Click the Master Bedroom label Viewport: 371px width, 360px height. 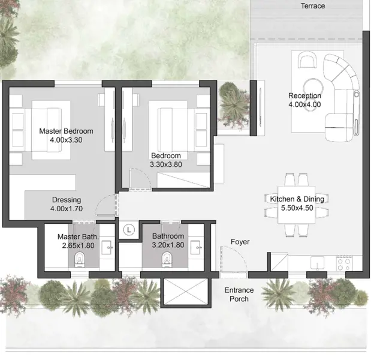[66, 131]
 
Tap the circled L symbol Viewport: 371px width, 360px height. [129, 230]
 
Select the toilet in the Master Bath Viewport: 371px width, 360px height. [80, 260]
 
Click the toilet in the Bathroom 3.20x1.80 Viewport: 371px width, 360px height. [167, 259]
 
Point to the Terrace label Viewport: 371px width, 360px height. [312, 5]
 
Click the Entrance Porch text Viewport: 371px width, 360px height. [239, 295]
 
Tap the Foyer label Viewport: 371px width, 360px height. [240, 242]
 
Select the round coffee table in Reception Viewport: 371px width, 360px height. [313, 86]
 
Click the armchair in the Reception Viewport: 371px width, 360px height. [307, 60]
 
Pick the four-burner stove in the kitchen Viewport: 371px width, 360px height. [344, 263]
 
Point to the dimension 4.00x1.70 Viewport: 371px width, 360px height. [67, 209]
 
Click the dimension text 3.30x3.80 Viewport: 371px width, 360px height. [166, 164]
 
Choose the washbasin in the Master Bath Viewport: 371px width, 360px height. [107, 248]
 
